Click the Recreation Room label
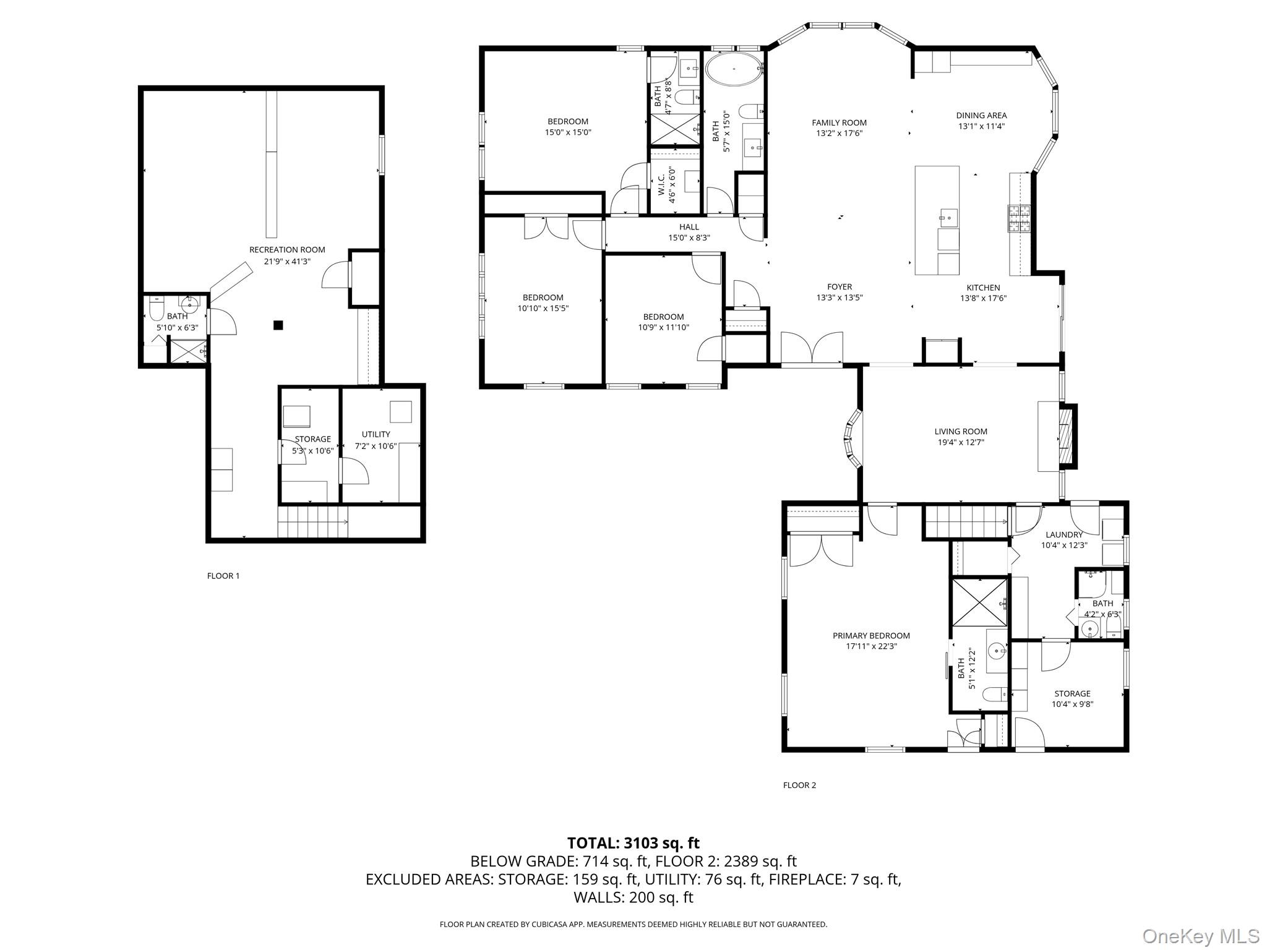(x=287, y=250)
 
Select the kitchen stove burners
(x=1020, y=218)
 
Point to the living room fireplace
(x=1065, y=437)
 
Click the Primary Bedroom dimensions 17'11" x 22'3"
(x=871, y=646)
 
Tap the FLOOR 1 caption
(x=223, y=576)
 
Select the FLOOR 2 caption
(x=799, y=785)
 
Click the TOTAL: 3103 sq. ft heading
(x=633, y=843)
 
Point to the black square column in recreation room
(x=278, y=325)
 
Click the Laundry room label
(x=1064, y=535)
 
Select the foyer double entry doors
(x=812, y=349)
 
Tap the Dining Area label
(x=981, y=115)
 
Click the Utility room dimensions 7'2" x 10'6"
(x=376, y=445)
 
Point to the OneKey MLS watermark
(x=1200, y=935)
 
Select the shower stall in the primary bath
(x=979, y=602)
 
